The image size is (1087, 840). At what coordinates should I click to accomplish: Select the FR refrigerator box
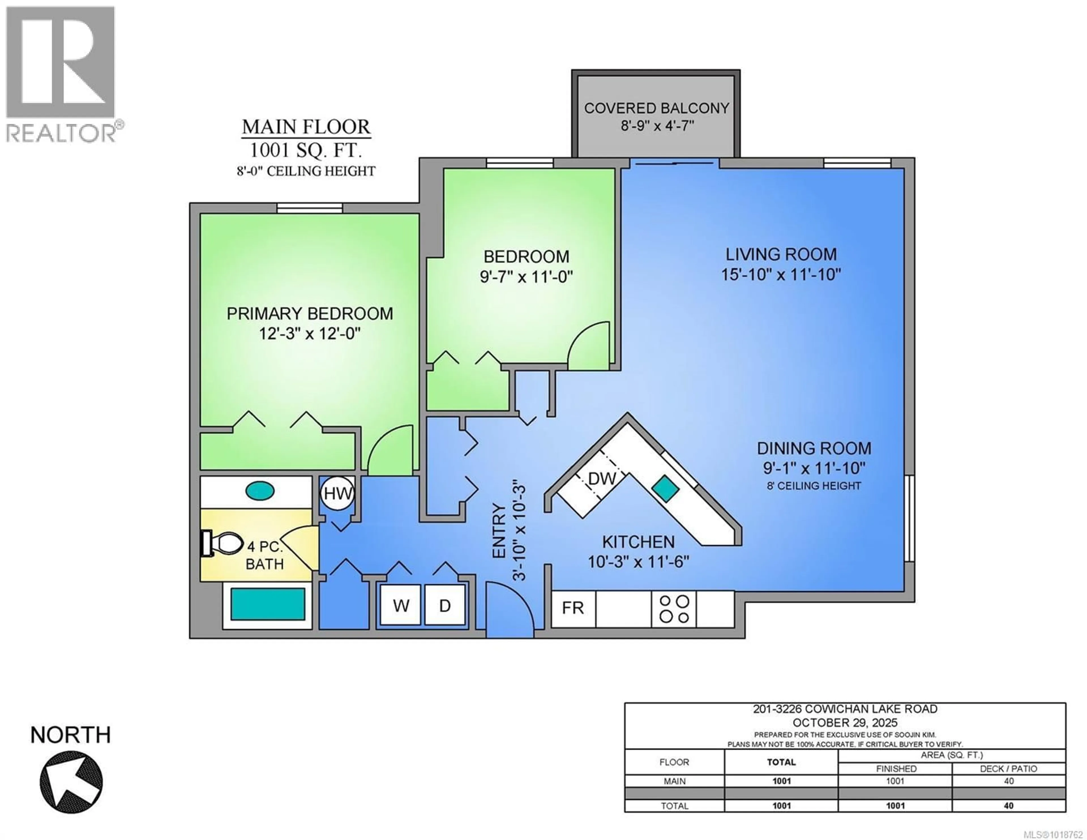tap(573, 608)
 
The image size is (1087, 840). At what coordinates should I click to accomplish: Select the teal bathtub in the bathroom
tap(268, 604)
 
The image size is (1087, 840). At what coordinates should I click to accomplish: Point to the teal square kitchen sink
tap(666, 488)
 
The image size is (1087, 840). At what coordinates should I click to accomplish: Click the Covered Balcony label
tap(656, 108)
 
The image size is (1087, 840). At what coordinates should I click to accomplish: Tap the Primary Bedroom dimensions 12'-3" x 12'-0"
tap(309, 334)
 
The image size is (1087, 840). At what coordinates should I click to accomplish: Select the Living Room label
tap(780, 255)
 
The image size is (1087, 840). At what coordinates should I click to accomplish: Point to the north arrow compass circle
tap(71, 781)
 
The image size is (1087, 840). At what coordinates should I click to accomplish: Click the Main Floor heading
tap(306, 127)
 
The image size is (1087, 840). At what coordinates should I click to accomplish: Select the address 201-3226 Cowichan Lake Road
tap(845, 709)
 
